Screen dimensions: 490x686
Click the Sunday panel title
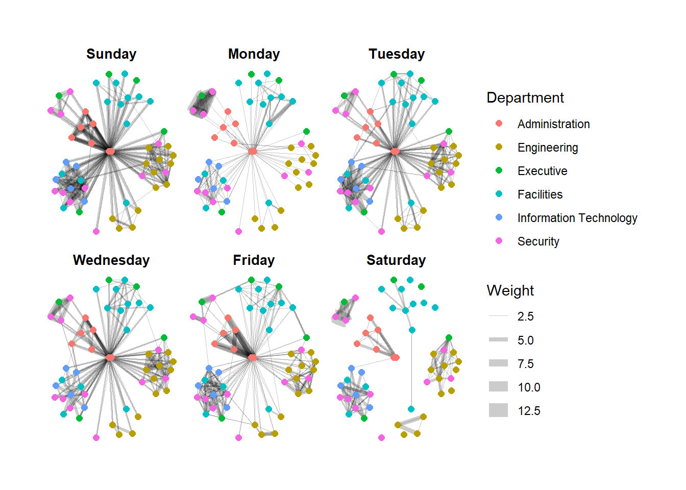point(111,54)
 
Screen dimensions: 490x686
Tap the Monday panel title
point(254,54)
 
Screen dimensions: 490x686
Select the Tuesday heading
point(397,54)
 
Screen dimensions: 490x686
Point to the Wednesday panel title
point(111,260)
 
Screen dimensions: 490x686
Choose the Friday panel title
point(254,260)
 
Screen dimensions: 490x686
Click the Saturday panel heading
point(396,260)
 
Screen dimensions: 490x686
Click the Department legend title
point(525,97)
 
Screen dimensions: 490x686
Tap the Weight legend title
point(510,290)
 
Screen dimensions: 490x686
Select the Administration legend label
point(553,124)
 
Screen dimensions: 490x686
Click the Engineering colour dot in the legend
point(499,147)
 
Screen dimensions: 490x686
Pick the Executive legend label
point(542,171)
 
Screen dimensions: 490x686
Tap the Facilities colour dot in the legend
point(499,194)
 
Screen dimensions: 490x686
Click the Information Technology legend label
point(577,218)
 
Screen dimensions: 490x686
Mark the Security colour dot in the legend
point(499,241)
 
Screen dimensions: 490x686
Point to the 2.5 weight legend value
point(525,316)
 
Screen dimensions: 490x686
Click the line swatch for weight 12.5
point(498,410)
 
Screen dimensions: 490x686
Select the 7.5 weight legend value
point(525,364)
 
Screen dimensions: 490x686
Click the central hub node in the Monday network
point(252,151)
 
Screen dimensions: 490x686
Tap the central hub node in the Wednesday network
point(110,358)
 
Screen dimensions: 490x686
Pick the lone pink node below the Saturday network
point(381,437)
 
